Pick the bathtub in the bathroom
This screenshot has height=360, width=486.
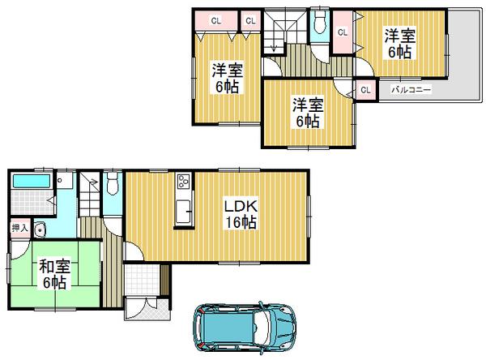click(x=32, y=181)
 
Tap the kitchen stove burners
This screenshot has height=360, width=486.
click(x=182, y=182)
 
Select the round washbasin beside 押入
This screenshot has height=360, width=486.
click(x=40, y=229)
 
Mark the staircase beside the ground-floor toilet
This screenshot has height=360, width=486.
click(x=91, y=195)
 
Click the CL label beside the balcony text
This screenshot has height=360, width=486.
click(x=364, y=90)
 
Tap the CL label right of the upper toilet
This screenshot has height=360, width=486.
click(x=342, y=32)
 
